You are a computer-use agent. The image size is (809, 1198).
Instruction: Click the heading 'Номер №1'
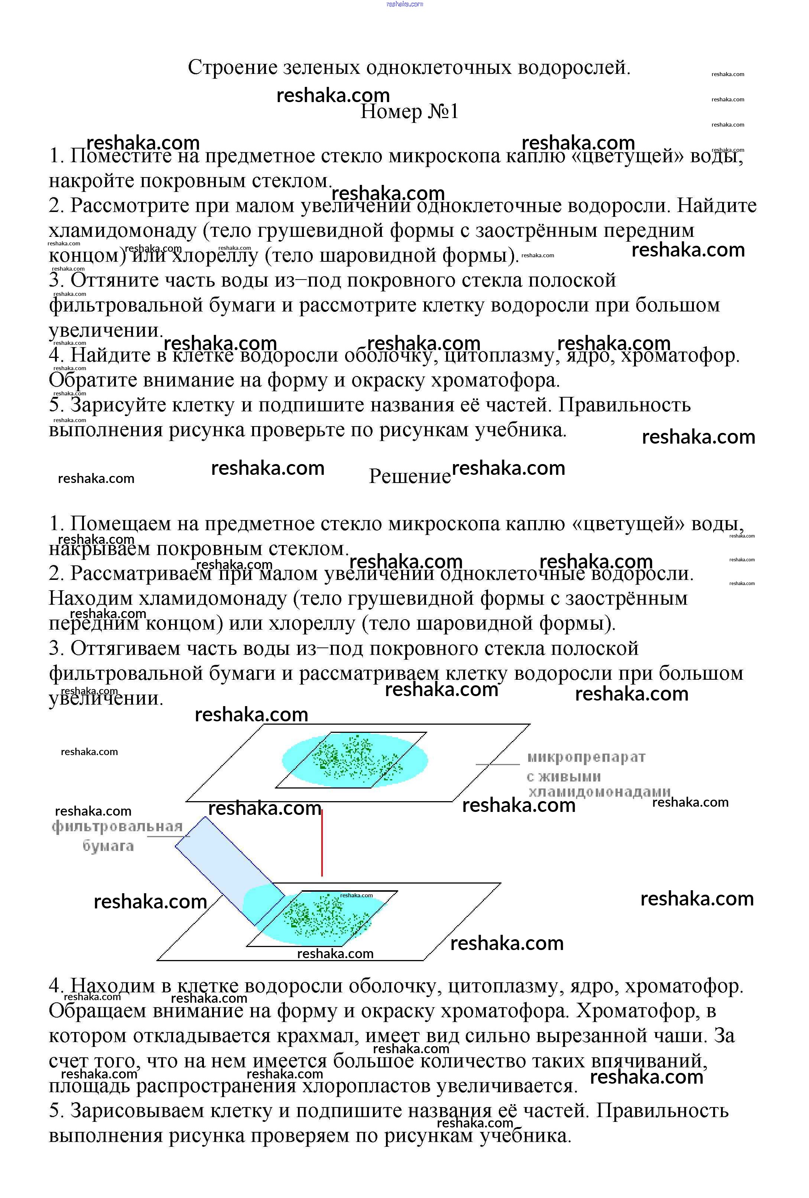(409, 112)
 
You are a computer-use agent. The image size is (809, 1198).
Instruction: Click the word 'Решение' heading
(409, 476)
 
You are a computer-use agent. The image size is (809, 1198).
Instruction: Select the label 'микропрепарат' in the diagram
(586, 757)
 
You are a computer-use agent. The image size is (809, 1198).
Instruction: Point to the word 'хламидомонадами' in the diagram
(599, 792)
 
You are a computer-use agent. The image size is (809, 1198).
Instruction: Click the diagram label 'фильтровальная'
(117, 827)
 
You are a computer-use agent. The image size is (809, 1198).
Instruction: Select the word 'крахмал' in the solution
(318, 1036)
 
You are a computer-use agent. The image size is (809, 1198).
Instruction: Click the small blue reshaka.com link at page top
(404, 4)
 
